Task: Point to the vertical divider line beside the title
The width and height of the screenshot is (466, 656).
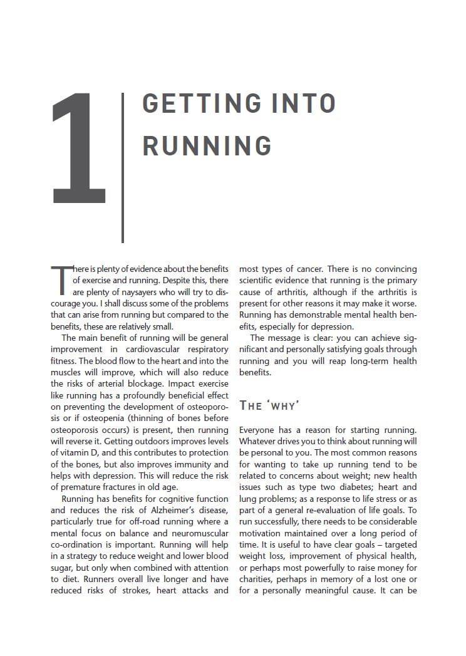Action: [123, 167]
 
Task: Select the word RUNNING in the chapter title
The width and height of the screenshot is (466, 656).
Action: [207, 145]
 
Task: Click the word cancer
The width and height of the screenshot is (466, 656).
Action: [307, 269]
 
